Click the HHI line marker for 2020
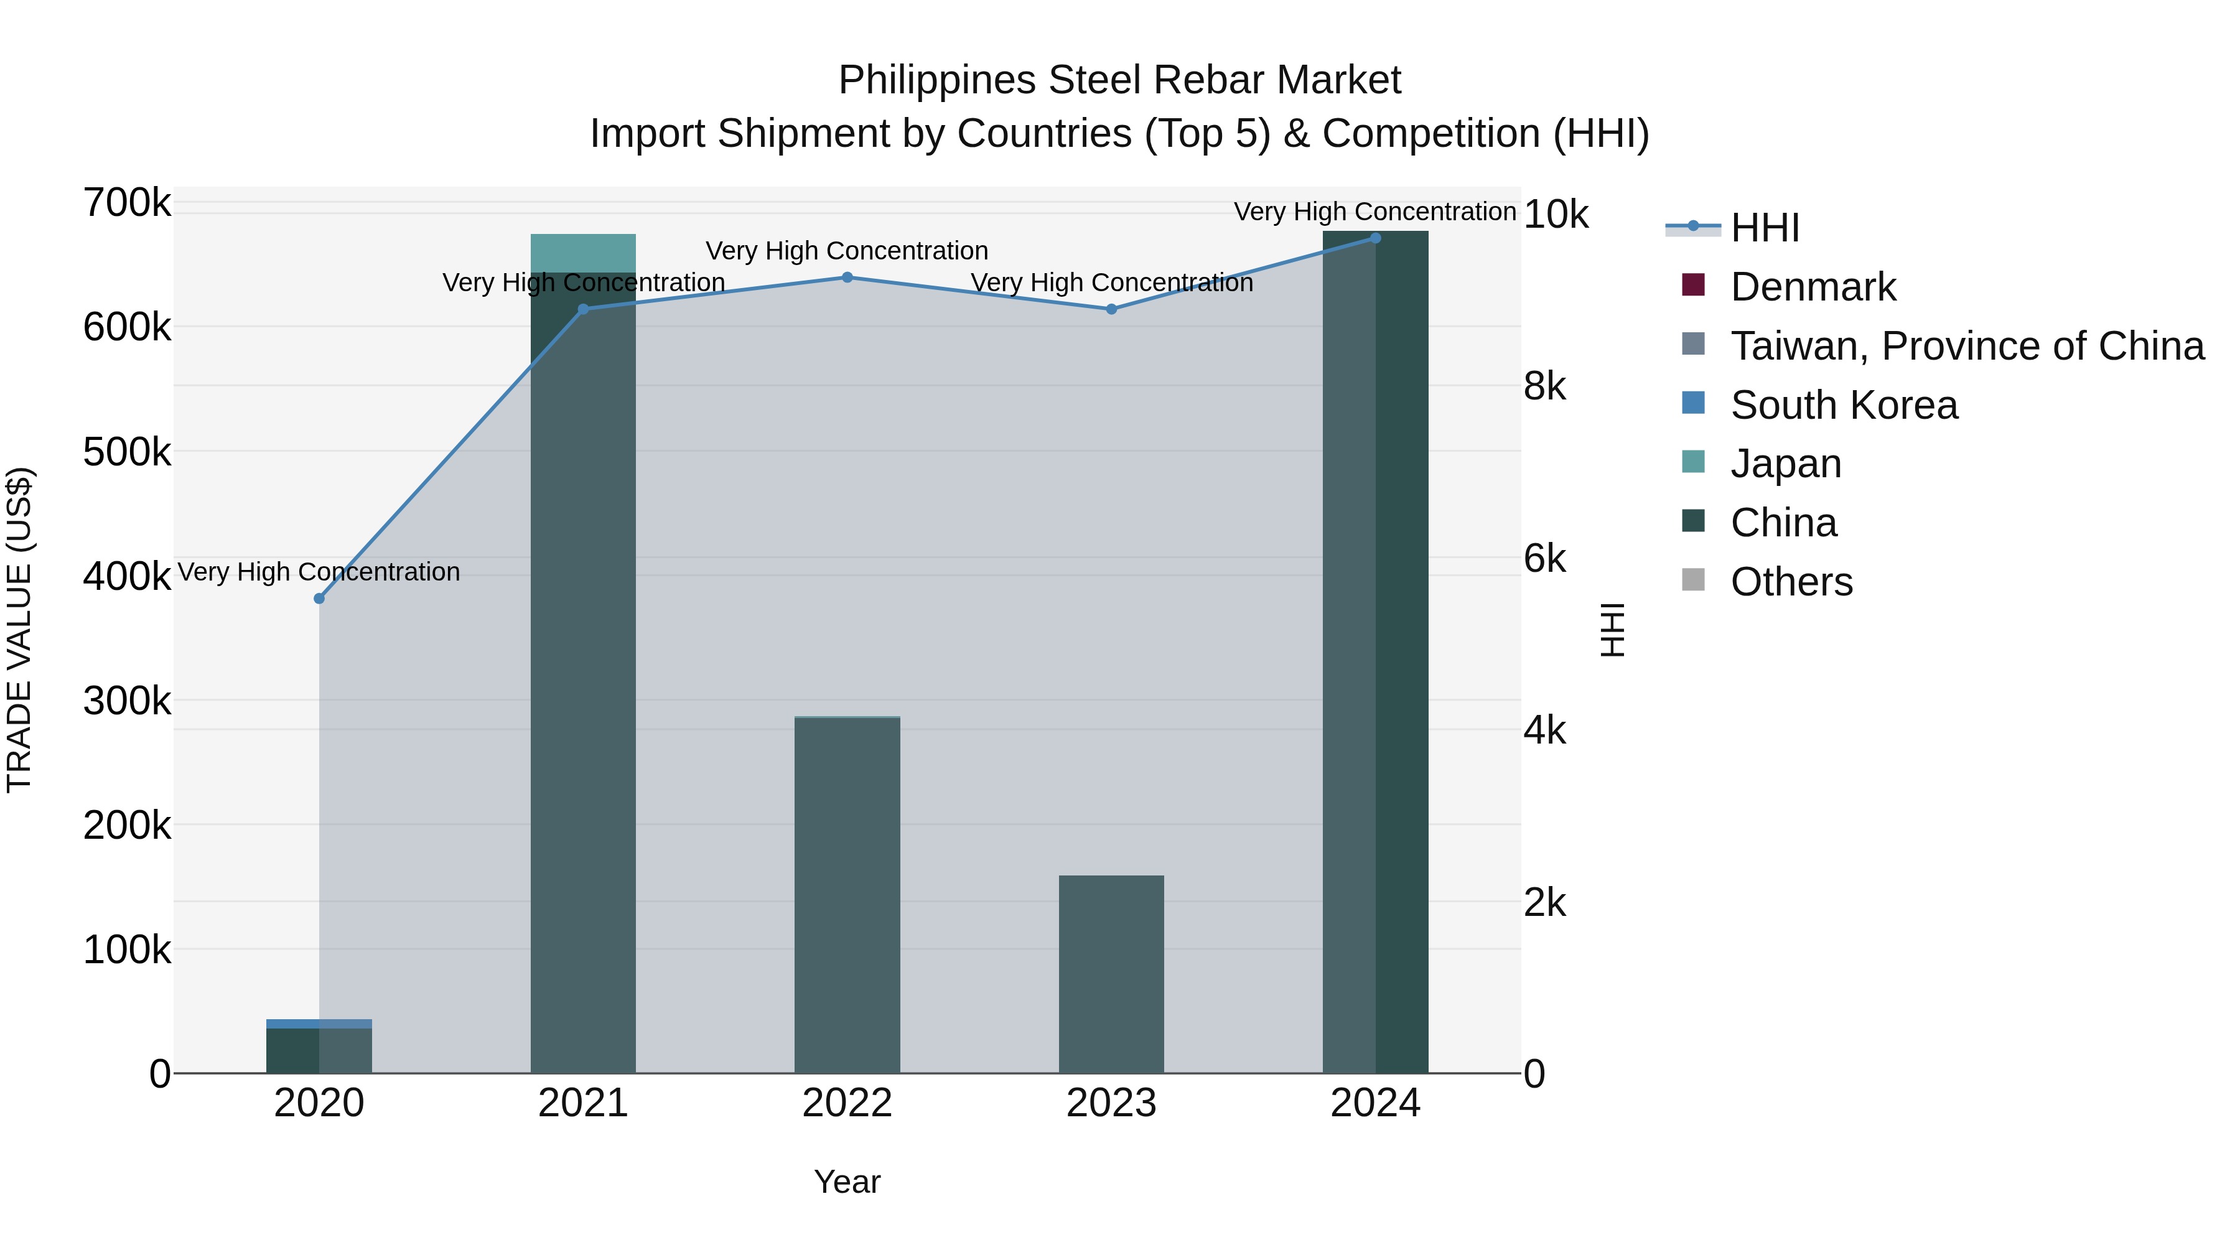[x=319, y=598]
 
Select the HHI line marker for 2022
[x=847, y=278]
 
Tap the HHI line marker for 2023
[x=1111, y=309]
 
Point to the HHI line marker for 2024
[x=1374, y=238]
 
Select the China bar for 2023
[x=1111, y=974]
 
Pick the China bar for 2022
[x=847, y=895]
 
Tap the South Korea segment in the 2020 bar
[x=319, y=1024]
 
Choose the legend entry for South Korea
[x=1844, y=405]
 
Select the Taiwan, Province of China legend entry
[x=1967, y=346]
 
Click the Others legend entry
[x=1791, y=582]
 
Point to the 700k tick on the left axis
[x=127, y=203]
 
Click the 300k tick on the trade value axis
[x=127, y=700]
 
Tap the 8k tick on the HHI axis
[x=1544, y=385]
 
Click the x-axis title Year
[x=847, y=1182]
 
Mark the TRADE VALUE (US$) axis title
[x=19, y=630]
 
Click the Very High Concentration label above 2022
[x=847, y=250]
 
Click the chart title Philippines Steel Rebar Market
[x=1119, y=80]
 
